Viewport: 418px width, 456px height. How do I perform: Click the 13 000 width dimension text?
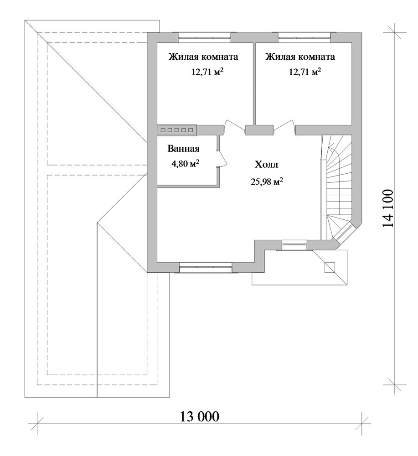(x=199, y=416)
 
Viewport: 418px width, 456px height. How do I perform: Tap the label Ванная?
(x=183, y=149)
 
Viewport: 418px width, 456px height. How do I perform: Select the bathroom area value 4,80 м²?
(x=185, y=164)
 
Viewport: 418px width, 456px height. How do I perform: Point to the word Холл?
(x=267, y=165)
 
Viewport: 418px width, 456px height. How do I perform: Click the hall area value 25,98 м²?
(x=267, y=181)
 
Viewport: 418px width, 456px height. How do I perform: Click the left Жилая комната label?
(x=203, y=57)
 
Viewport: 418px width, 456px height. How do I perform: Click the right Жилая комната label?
(x=300, y=57)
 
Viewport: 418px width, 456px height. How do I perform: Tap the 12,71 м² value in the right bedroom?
(x=305, y=72)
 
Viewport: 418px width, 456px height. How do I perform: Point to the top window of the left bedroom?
(x=205, y=36)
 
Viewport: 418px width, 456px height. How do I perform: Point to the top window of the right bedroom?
(x=304, y=36)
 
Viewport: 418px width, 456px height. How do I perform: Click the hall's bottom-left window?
(x=206, y=267)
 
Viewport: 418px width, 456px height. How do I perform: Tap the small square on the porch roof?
(x=330, y=267)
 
